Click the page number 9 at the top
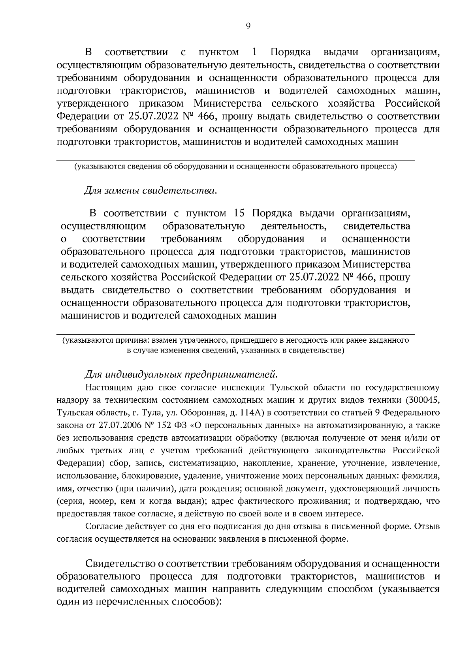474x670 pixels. click(248, 26)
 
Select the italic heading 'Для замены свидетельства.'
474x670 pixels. click(150, 191)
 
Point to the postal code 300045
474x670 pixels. click(422, 400)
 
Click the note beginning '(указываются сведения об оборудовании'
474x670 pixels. click(235, 167)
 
